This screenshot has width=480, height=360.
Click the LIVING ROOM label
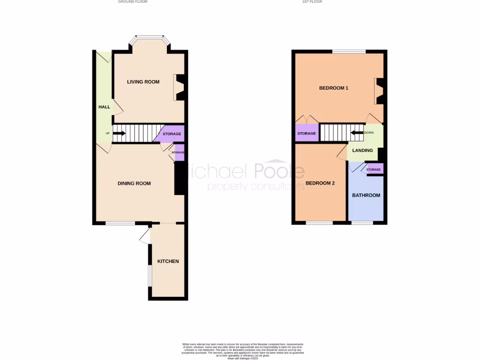click(x=143, y=82)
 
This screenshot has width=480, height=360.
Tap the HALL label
click(x=104, y=107)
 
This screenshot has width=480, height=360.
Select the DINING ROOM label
click(x=134, y=183)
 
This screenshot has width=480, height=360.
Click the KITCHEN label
click(x=168, y=261)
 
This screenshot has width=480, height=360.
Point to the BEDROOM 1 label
click(x=334, y=88)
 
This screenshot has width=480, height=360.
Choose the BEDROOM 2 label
click(x=320, y=183)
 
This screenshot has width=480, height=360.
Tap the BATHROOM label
click(x=366, y=195)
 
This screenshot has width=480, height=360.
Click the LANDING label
click(x=362, y=150)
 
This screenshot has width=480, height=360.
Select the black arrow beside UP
click(x=119, y=133)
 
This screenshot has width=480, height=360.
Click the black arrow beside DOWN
click(x=358, y=133)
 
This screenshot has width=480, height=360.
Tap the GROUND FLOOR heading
click(x=133, y=2)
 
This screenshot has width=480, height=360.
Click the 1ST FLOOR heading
click(x=312, y=2)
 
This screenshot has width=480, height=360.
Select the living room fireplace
click(x=180, y=88)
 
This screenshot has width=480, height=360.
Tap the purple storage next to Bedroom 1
click(x=307, y=133)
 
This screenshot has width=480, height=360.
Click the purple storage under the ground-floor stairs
click(x=171, y=134)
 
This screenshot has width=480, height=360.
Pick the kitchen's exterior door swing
click(x=145, y=236)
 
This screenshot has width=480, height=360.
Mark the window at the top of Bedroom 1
click(x=349, y=51)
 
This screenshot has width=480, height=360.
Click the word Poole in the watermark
click(x=279, y=172)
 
